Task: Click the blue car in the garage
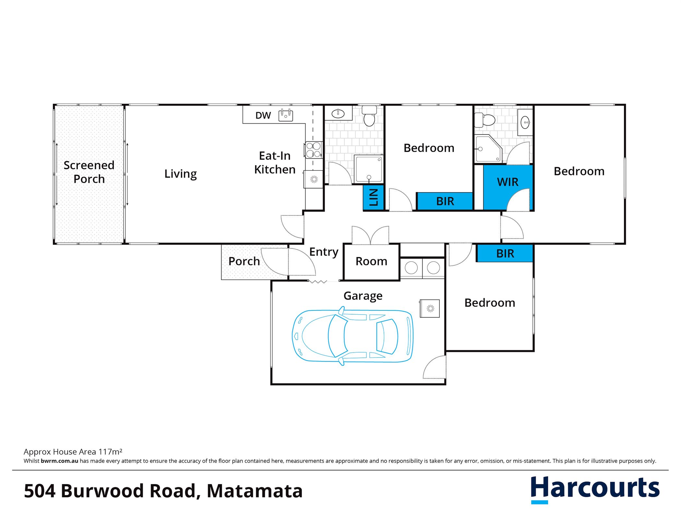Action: [x=352, y=336]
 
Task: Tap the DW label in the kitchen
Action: [x=263, y=115]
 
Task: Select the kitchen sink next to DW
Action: [x=286, y=115]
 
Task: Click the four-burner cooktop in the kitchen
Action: [x=313, y=150]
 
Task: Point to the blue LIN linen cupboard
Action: [x=374, y=197]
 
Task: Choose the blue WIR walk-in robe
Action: [x=508, y=187]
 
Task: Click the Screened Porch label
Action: [x=89, y=172]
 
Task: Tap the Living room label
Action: [x=181, y=174]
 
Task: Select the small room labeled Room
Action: [x=372, y=262]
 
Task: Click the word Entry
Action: [x=324, y=252]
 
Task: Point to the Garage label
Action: [x=363, y=296]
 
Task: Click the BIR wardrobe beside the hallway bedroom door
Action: [x=445, y=201]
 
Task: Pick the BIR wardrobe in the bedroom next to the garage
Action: [x=505, y=253]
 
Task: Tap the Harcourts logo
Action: [x=595, y=489]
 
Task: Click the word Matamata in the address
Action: [x=255, y=491]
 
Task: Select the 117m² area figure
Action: [x=110, y=452]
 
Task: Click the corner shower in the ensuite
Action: [x=488, y=149]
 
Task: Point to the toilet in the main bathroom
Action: [x=369, y=115]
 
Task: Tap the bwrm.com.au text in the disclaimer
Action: [x=59, y=461]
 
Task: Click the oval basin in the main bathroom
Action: [x=338, y=113]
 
